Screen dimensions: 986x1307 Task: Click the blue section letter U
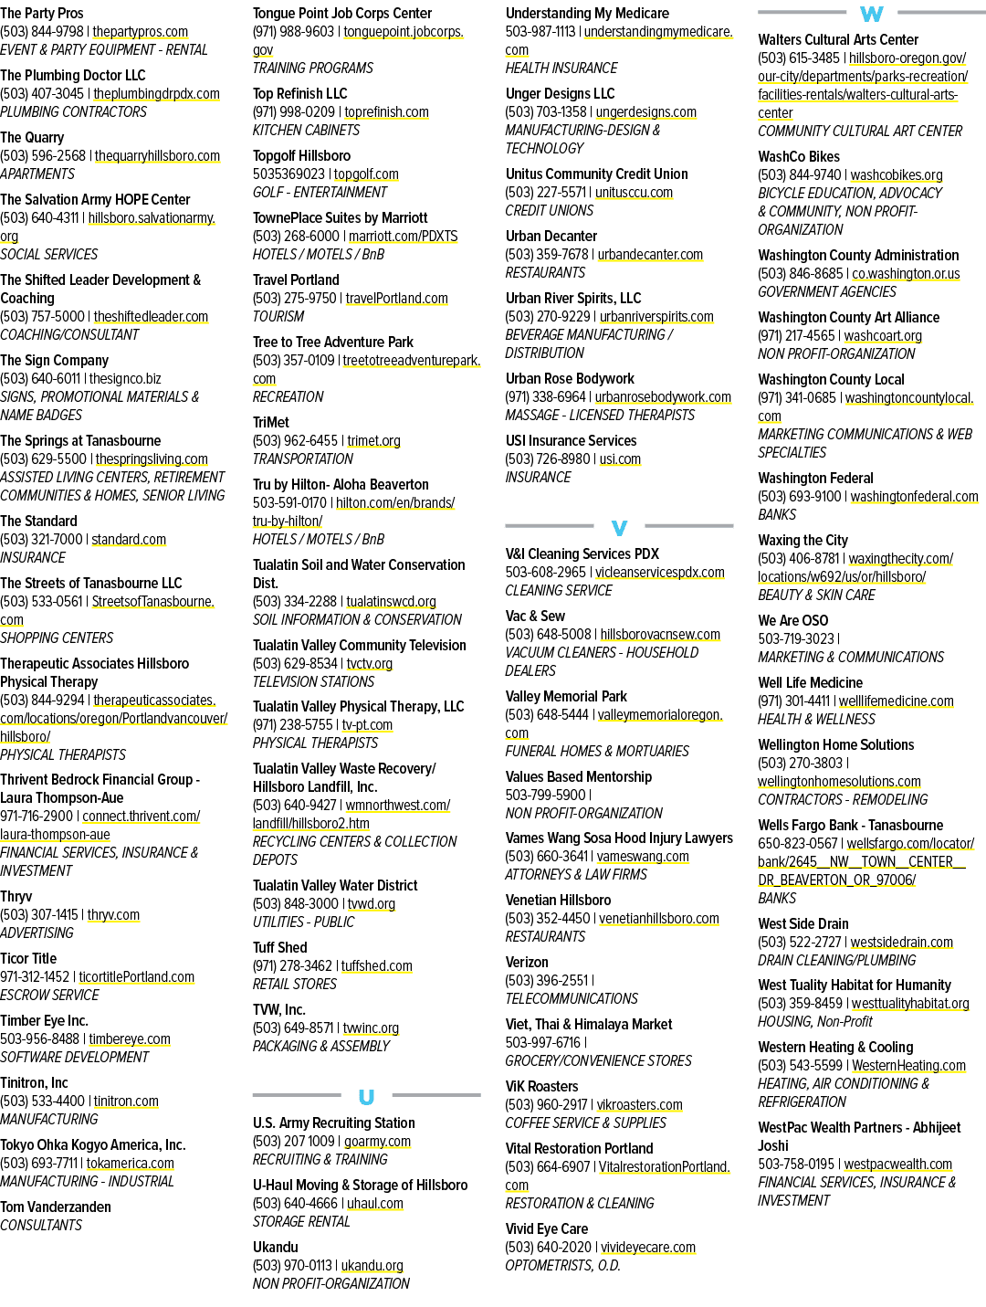tap(366, 1097)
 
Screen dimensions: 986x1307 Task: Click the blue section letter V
tap(619, 528)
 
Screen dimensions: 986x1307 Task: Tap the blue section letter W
tap(872, 14)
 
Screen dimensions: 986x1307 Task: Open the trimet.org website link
tap(373, 440)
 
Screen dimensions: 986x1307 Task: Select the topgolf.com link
tap(366, 174)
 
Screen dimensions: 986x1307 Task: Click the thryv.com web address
tap(113, 914)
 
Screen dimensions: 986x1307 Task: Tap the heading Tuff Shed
tap(279, 947)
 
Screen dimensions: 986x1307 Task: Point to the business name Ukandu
tap(275, 1247)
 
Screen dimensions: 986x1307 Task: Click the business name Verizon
tap(527, 963)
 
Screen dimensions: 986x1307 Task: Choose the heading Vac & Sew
tap(535, 616)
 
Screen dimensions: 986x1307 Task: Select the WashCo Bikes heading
tap(799, 156)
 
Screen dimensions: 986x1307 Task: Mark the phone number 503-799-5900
tap(546, 795)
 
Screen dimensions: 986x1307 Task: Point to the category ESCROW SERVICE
tap(49, 995)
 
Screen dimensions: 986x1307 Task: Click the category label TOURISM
tap(278, 316)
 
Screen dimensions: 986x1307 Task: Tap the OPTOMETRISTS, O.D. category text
tap(562, 1265)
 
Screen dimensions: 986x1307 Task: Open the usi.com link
tap(620, 459)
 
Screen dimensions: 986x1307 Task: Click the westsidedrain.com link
tap(901, 942)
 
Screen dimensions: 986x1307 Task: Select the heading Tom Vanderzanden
tap(56, 1207)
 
